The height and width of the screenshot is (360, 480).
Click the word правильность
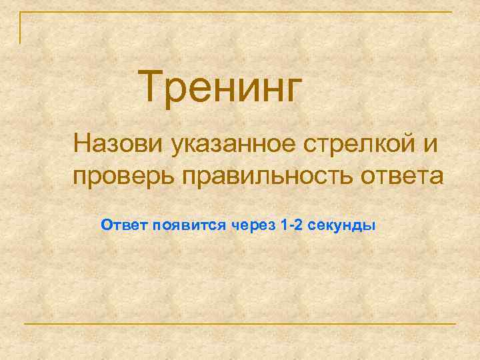[263, 177]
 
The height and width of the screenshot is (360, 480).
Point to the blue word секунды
[344, 225]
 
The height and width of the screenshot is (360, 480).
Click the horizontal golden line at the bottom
[240, 324]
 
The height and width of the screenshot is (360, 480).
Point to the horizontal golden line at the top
[240, 12]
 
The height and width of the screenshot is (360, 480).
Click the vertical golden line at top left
[20, 27]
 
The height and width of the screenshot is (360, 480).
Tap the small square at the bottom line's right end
[454, 324]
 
